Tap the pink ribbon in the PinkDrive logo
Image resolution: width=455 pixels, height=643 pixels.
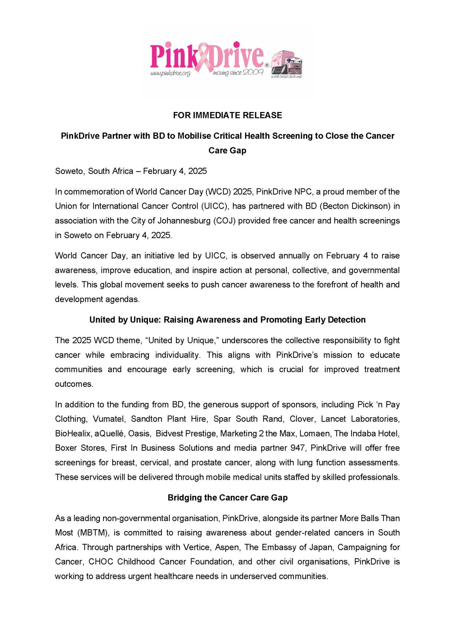tap(204, 57)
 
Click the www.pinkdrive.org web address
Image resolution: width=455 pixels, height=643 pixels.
tap(170, 74)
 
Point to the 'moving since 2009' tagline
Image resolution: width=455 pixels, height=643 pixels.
tap(238, 73)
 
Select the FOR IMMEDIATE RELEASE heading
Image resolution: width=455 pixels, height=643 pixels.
tap(227, 115)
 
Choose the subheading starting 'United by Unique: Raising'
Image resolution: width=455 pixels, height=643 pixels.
tap(227, 320)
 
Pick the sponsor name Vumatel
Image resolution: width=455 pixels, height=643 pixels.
tap(108, 419)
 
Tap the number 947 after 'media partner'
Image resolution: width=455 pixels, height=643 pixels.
tap(298, 448)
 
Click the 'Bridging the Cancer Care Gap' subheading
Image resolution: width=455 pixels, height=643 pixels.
tap(227, 498)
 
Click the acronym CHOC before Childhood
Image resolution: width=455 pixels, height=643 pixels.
tap(101, 562)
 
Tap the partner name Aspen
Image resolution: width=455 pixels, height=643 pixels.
tap(226, 547)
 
